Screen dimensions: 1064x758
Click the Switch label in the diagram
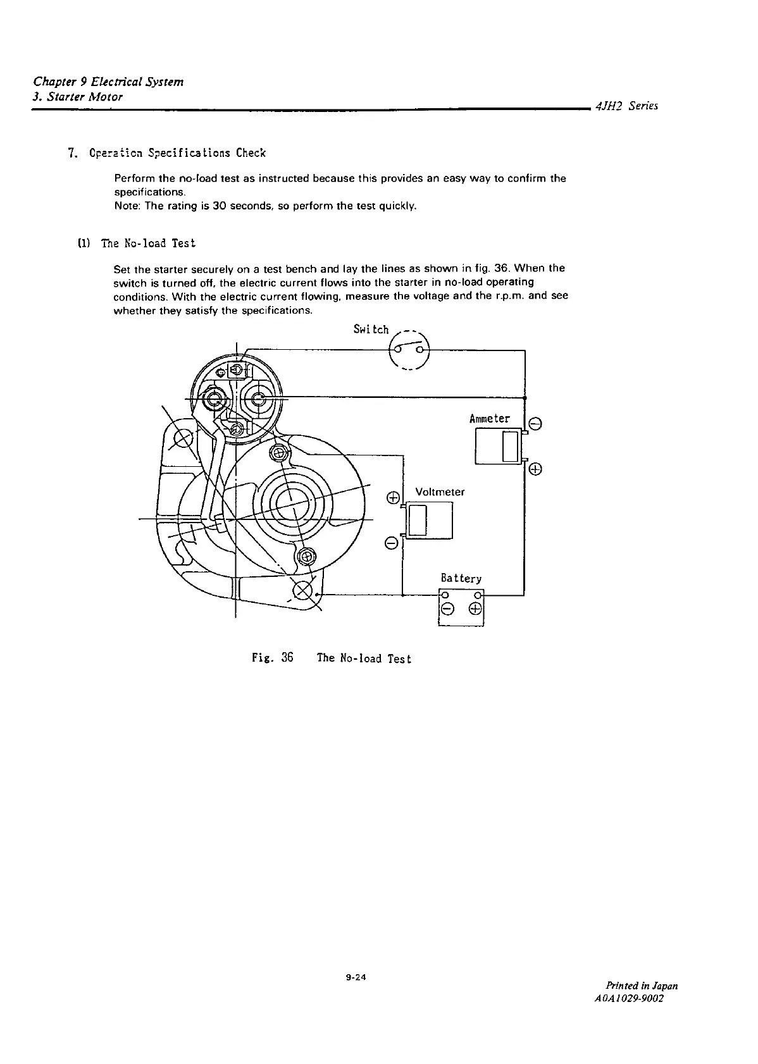click(371, 330)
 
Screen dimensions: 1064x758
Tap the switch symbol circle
click(409, 350)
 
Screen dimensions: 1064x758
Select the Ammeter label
click(489, 419)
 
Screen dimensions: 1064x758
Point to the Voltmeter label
click(440, 492)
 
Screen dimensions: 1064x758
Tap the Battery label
click(461, 578)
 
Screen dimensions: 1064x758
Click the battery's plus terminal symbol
click(475, 609)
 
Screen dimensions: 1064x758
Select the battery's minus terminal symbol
click(447, 609)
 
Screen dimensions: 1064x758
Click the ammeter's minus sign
click(535, 424)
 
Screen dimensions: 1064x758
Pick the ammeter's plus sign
click(535, 469)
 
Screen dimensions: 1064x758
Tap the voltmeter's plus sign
click(392, 497)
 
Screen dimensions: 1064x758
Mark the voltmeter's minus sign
click(392, 543)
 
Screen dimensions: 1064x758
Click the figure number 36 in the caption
click(287, 658)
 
